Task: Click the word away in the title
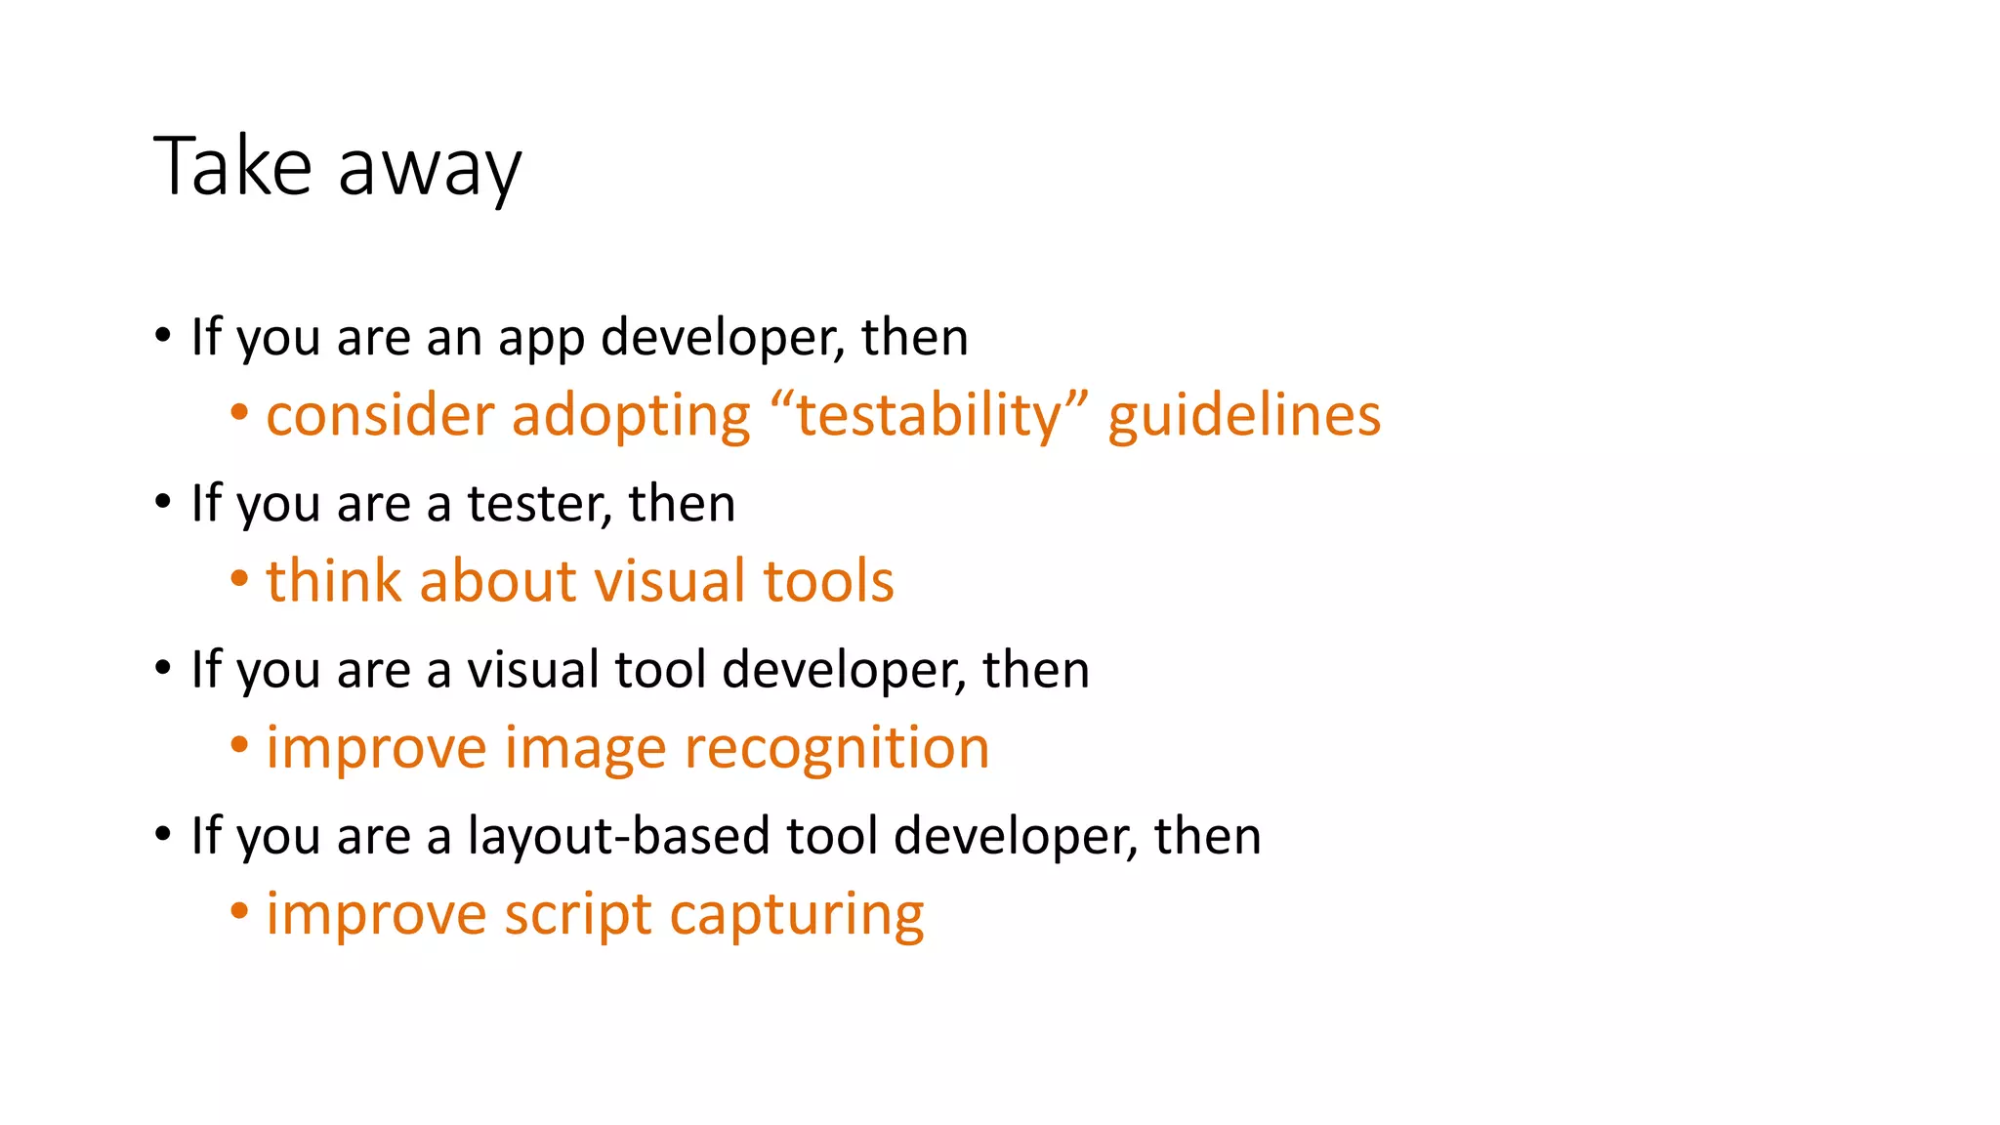click(x=430, y=171)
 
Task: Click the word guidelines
click(x=1244, y=417)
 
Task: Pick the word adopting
click(x=631, y=417)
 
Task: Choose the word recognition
click(x=837, y=749)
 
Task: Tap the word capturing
click(x=797, y=917)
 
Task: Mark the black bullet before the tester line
click(x=163, y=503)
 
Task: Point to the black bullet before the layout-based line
click(x=163, y=835)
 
